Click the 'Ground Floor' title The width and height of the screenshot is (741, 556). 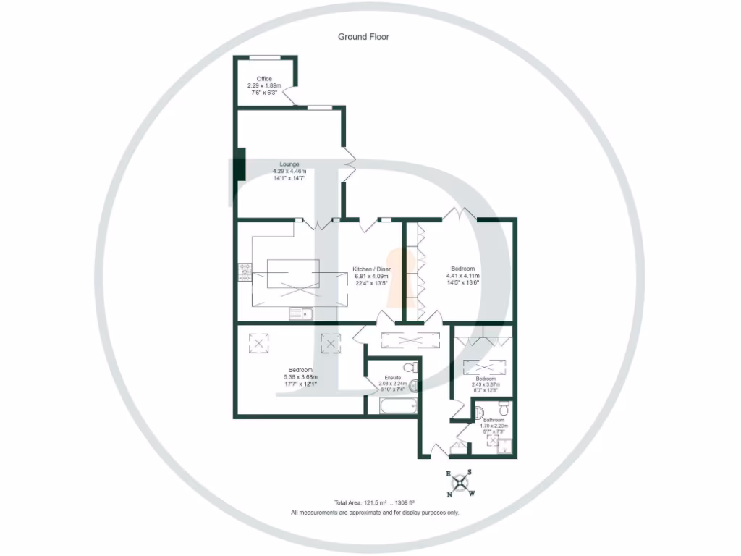point(363,37)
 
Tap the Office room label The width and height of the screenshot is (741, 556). point(264,78)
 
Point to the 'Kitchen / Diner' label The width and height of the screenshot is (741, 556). point(371,269)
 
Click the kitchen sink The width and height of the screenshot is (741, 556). point(300,313)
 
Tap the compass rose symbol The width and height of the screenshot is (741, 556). point(460,483)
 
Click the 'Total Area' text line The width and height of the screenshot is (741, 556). point(373,502)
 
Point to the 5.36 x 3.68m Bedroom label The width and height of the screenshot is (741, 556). point(300,370)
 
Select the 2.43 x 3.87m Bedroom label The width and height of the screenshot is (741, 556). point(485,379)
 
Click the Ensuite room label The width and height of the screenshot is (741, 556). point(393,378)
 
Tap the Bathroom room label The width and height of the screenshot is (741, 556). point(494,420)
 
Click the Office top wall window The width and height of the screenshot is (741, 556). point(265,56)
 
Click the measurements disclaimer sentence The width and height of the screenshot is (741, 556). point(375,513)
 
